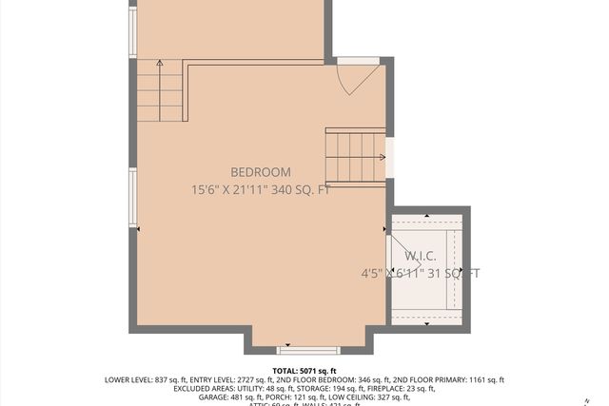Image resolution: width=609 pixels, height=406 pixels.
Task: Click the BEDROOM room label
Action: click(x=260, y=172)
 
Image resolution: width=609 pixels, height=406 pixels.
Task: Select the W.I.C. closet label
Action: click(x=421, y=257)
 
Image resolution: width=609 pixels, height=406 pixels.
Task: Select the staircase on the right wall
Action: click(x=355, y=158)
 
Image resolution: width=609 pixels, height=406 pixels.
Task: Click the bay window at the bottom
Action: click(x=307, y=349)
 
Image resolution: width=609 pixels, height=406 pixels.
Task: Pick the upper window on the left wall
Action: click(x=133, y=32)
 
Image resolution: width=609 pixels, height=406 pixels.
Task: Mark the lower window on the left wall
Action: click(x=133, y=198)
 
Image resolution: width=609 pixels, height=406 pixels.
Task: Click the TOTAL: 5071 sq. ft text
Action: click(x=304, y=371)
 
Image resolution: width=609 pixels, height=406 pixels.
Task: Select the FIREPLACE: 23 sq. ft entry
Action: click(x=401, y=389)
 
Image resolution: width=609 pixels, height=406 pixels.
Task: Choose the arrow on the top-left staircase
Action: click(x=159, y=64)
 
